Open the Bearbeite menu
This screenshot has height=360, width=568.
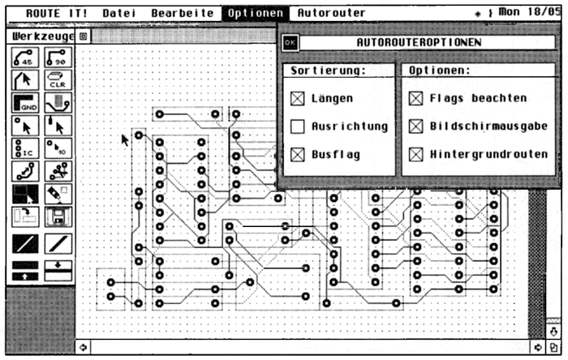click(183, 14)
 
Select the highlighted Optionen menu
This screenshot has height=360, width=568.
click(256, 14)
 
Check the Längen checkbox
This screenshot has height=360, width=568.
click(298, 99)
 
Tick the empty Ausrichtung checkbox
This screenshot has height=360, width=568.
click(298, 126)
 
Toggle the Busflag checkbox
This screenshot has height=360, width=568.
click(298, 154)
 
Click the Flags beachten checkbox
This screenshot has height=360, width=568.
click(415, 99)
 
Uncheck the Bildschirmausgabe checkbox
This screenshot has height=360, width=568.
click(415, 126)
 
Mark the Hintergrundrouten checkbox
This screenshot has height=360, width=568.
click(415, 154)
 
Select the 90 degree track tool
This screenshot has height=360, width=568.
click(58, 57)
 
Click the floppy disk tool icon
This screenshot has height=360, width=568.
click(58, 217)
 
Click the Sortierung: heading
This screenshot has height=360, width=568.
click(328, 71)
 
